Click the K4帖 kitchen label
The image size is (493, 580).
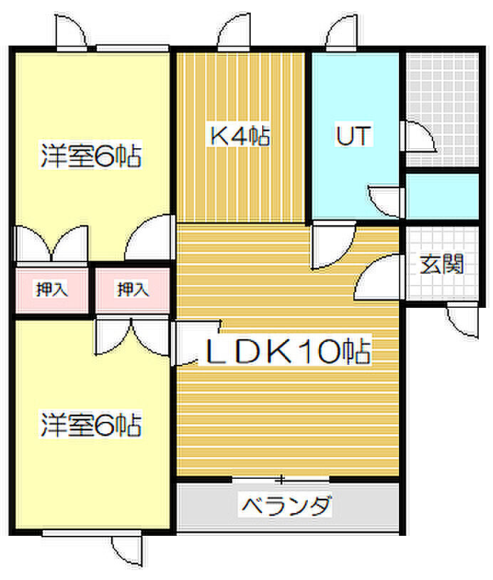(x=239, y=136)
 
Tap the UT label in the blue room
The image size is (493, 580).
(x=353, y=135)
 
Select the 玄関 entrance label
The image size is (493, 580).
(x=442, y=264)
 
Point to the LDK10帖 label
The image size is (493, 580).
(x=288, y=351)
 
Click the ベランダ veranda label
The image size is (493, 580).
(x=285, y=505)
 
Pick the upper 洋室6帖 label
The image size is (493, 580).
(x=91, y=155)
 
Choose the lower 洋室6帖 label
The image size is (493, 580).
(x=91, y=424)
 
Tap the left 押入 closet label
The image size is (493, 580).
(x=52, y=289)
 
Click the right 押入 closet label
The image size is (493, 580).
(x=133, y=289)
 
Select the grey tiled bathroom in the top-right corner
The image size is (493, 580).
(x=442, y=110)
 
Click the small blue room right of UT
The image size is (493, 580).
(x=442, y=197)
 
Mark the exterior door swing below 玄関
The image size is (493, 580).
(x=462, y=320)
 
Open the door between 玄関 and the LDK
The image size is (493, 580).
(x=378, y=276)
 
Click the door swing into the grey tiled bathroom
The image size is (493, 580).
(x=418, y=136)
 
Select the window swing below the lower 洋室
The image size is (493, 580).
(x=128, y=549)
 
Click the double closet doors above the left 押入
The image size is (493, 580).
(x=51, y=244)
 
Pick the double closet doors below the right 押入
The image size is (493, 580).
(x=133, y=336)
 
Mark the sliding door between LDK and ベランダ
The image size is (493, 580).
(x=281, y=480)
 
